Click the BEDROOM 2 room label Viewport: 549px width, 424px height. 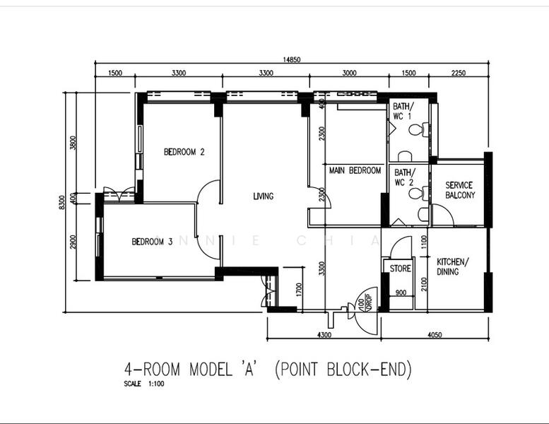[x=184, y=151]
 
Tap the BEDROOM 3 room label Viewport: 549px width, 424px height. [x=152, y=242]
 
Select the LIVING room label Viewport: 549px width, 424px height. [x=263, y=196]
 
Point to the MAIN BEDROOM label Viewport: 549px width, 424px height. [x=354, y=170]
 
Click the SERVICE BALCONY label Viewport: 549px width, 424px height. [x=459, y=190]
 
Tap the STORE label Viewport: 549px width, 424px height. [x=401, y=269]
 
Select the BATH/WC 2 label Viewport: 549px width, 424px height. [x=404, y=177]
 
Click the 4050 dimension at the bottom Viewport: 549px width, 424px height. [x=435, y=335]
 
